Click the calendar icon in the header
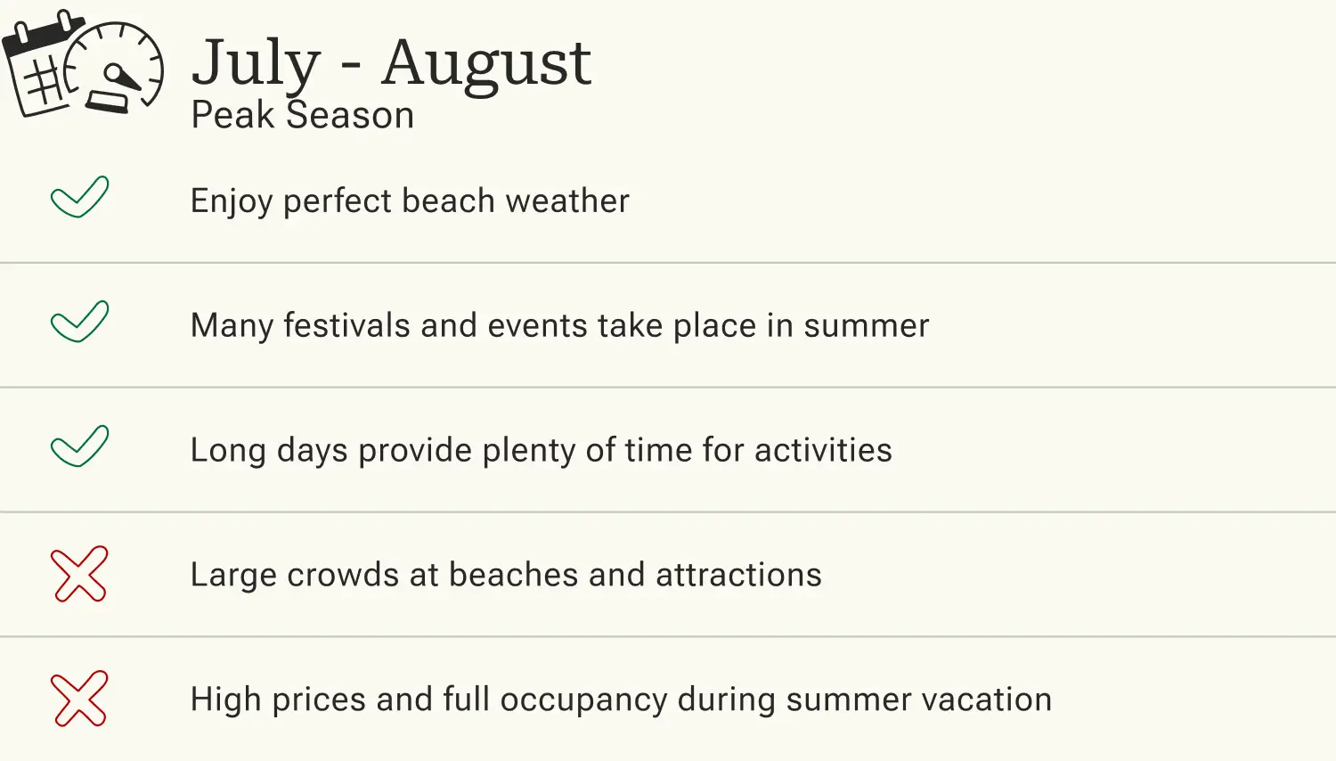click(x=40, y=67)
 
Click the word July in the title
click(x=256, y=64)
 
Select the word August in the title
click(x=486, y=64)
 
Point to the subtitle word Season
click(x=350, y=116)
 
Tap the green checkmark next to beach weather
click(x=80, y=197)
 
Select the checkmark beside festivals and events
click(x=80, y=322)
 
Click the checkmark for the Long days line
click(x=80, y=446)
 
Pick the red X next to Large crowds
click(x=80, y=574)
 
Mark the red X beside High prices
click(x=80, y=699)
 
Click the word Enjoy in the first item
click(x=232, y=201)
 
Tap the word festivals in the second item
click(x=346, y=325)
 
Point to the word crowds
click(x=343, y=575)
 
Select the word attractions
click(x=738, y=575)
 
